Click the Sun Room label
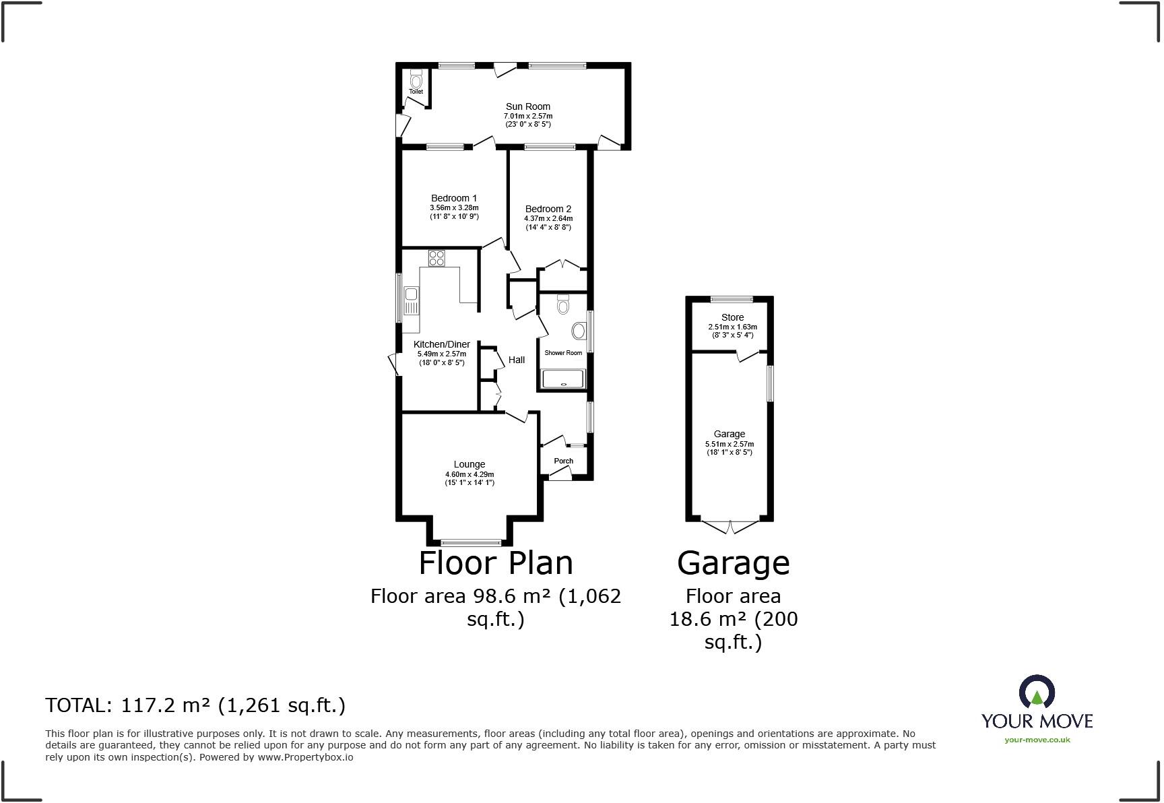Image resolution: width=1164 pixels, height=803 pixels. click(x=528, y=106)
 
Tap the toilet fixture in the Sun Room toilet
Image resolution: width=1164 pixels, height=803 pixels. click(x=415, y=75)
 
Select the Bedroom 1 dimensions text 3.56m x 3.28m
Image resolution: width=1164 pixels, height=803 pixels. click(x=454, y=207)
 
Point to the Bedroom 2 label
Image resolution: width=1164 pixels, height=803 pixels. click(x=548, y=209)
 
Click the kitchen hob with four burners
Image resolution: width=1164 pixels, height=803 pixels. click(x=437, y=258)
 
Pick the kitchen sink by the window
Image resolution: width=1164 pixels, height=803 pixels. click(x=411, y=294)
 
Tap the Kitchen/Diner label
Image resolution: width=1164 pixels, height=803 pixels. click(x=442, y=344)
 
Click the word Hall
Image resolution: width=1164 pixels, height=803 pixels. click(x=517, y=360)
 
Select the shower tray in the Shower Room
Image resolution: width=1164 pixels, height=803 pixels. click(x=564, y=379)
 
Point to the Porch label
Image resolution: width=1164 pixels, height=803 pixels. click(x=564, y=461)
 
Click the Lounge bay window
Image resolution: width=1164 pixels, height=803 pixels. click(x=471, y=542)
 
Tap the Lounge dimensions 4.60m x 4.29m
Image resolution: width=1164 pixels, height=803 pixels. click(x=470, y=474)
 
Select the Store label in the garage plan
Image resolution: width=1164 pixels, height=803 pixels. click(x=732, y=317)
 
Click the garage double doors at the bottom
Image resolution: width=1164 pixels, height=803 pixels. click(x=730, y=526)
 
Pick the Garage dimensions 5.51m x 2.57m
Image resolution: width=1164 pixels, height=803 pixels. click(x=730, y=444)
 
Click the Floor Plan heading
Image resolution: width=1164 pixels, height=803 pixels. click(x=496, y=563)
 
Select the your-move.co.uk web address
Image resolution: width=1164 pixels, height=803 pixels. click(x=1037, y=740)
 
